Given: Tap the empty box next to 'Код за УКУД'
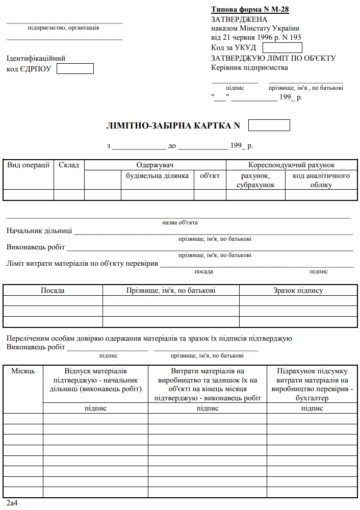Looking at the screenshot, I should (x=282, y=48).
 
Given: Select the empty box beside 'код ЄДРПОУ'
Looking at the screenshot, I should (x=75, y=69).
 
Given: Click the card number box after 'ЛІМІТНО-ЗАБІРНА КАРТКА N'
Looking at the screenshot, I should (x=269, y=125).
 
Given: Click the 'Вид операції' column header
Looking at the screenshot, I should (x=28, y=165).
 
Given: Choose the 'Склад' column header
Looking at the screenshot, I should (x=69, y=165).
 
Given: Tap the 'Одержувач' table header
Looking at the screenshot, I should (x=155, y=165).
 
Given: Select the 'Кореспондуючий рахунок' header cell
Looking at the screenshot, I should (x=291, y=165).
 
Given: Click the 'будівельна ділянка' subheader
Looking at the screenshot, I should (x=158, y=176).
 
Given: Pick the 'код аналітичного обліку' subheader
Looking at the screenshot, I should (x=321, y=180).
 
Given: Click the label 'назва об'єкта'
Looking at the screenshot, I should (x=179, y=222).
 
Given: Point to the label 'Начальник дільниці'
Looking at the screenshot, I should (x=39, y=231).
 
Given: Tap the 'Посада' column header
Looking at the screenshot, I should (x=53, y=290).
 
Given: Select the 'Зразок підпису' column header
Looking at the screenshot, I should (x=298, y=290).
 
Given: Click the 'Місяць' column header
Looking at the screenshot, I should (x=23, y=371).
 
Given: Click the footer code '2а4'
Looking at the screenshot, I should (x=12, y=504).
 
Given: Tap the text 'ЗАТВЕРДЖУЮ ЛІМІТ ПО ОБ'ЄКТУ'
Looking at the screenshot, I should (x=273, y=58).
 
